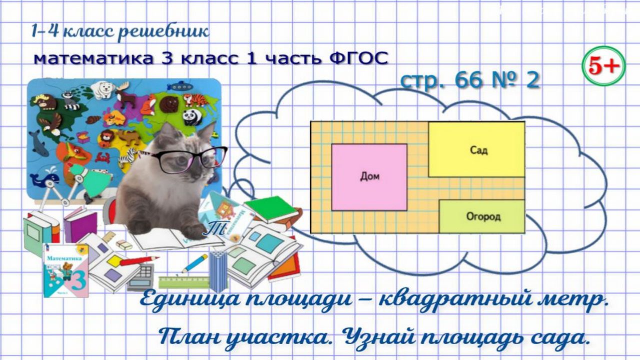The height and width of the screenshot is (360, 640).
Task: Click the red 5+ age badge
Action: click(603, 66)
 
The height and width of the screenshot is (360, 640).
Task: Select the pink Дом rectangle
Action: click(369, 177)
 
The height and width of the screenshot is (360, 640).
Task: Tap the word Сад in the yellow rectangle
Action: click(478, 150)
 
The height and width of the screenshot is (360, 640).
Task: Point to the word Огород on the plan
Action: click(483, 216)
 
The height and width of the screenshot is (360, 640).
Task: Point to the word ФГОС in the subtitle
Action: click(359, 58)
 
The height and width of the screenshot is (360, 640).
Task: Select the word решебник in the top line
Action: click(164, 32)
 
